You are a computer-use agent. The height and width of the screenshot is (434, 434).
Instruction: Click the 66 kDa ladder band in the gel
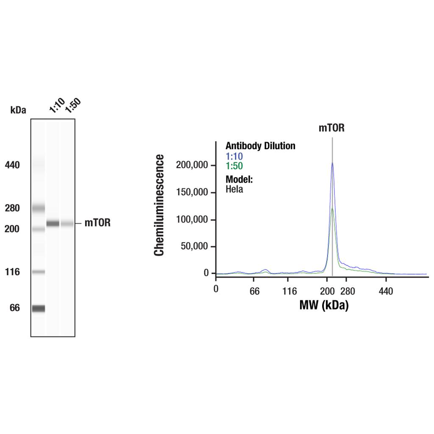(38, 308)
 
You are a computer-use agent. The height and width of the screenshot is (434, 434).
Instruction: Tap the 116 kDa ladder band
(38, 272)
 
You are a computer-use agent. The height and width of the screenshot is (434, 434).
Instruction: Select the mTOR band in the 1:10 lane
(53, 223)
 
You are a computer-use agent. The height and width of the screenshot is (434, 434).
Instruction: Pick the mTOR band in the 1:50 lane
(67, 223)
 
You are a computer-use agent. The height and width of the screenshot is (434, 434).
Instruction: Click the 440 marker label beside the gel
(12, 165)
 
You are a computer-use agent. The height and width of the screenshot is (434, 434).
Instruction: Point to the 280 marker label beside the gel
(12, 208)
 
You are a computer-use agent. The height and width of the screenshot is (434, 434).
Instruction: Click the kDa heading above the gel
(18, 110)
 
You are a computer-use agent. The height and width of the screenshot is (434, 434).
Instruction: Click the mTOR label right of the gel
(97, 223)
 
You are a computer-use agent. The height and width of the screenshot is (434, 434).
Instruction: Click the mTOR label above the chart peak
(331, 128)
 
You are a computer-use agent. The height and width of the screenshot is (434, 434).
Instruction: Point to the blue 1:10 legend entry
(234, 156)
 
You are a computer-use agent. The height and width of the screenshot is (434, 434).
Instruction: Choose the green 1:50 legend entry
(234, 166)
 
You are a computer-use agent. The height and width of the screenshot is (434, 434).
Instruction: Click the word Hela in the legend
(234, 189)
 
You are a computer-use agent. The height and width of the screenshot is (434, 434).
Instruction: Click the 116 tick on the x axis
(290, 291)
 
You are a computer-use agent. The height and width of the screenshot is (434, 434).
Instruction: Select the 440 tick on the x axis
(386, 291)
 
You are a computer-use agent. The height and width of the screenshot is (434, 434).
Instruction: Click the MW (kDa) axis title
(324, 305)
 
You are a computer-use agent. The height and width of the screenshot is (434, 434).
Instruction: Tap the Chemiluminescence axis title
(159, 205)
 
